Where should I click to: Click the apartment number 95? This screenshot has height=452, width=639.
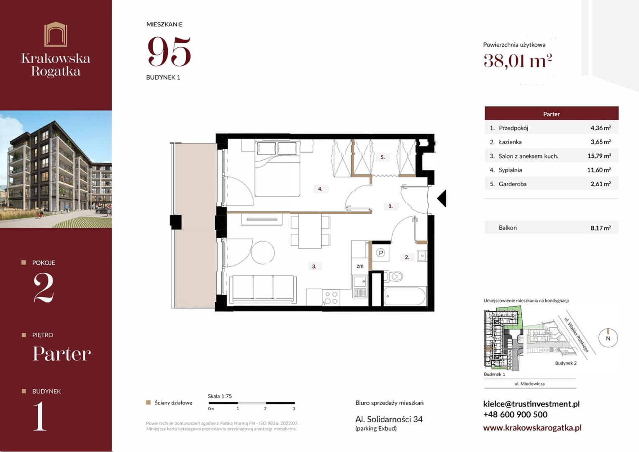[169, 51]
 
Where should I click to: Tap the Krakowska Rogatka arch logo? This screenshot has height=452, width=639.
[56, 34]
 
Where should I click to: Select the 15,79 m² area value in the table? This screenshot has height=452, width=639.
[599, 156]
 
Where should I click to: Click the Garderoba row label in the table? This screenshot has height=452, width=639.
[512, 184]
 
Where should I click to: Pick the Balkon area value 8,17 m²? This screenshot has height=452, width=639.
[601, 228]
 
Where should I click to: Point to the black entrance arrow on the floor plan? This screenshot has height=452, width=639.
[441, 198]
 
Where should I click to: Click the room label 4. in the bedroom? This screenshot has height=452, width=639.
[321, 189]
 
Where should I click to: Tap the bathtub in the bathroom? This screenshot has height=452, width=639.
[405, 296]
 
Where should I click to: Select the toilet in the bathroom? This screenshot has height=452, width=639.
[394, 276]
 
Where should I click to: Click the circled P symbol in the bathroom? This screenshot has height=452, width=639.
[380, 253]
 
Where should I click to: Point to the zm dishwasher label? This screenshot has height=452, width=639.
[360, 266]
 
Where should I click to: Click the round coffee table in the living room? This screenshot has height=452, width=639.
[263, 252]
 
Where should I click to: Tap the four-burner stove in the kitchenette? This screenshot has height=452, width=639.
[331, 297]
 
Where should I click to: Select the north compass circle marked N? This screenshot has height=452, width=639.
[608, 338]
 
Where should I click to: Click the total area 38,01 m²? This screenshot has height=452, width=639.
[518, 61]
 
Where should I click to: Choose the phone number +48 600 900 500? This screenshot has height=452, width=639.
[515, 415]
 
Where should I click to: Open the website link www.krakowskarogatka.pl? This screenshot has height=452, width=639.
[532, 428]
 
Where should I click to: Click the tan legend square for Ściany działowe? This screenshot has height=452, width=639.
[148, 403]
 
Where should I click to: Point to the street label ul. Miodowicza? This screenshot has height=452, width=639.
[529, 384]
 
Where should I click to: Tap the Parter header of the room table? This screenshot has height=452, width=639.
[552, 114]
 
